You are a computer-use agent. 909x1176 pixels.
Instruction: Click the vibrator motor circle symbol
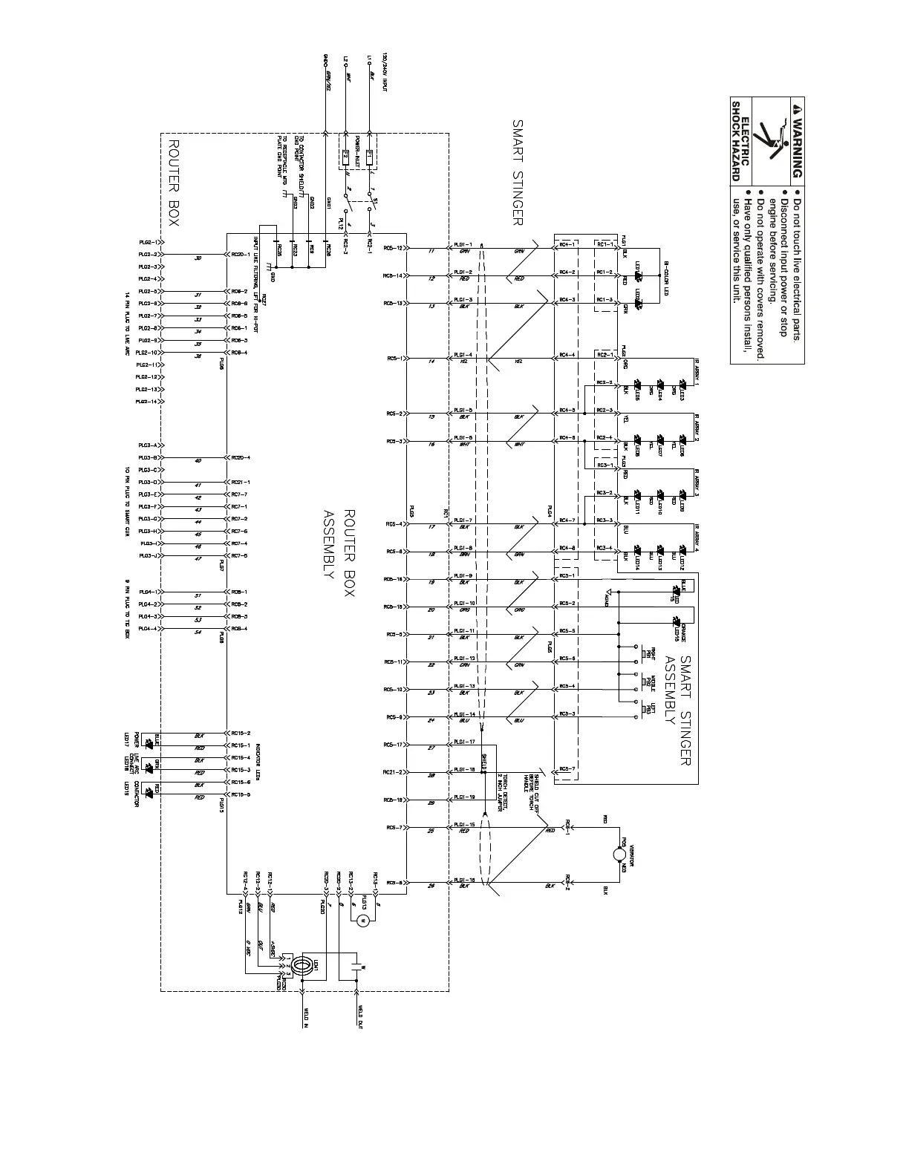click(619, 855)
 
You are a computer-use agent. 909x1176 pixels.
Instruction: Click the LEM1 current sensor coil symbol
click(302, 965)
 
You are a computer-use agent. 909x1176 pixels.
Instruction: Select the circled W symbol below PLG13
click(362, 921)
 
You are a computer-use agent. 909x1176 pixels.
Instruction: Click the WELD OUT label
click(359, 1017)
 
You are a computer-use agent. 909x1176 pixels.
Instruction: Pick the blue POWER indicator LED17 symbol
click(149, 741)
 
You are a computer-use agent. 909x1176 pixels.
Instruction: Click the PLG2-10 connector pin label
click(147, 353)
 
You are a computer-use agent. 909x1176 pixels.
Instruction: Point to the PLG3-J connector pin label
click(147, 555)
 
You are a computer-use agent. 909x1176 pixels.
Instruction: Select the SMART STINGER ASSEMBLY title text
click(677, 710)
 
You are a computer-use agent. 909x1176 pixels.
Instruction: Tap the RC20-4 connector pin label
click(240, 457)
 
